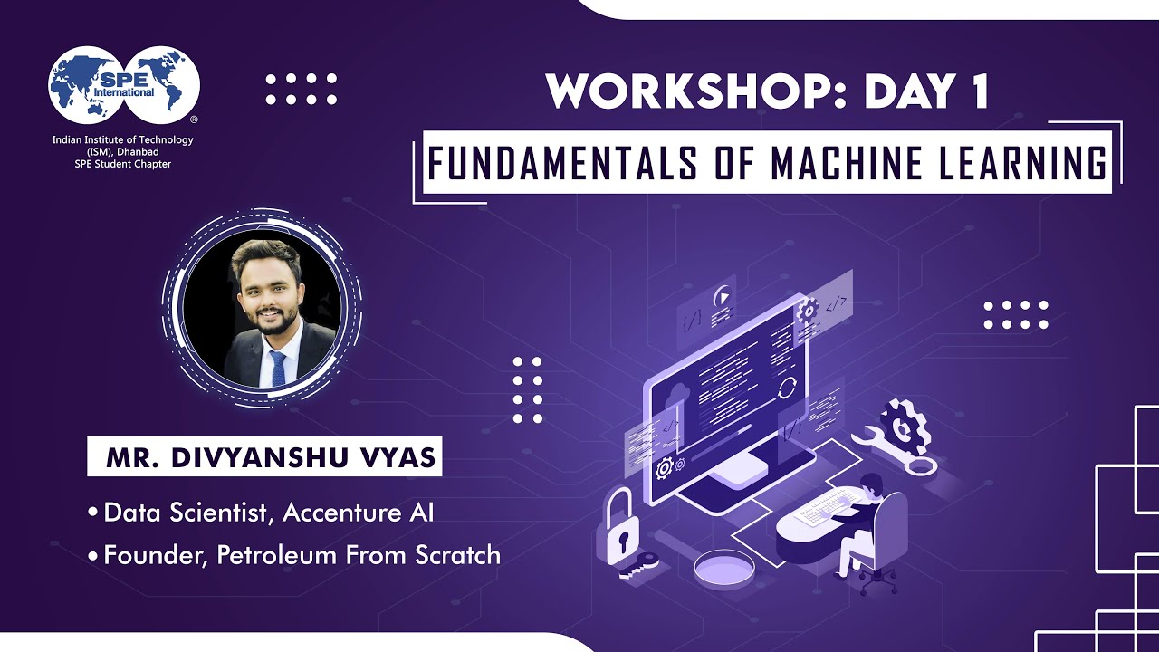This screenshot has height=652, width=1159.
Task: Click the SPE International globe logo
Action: (123, 87)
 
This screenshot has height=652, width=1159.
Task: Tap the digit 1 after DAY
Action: (974, 91)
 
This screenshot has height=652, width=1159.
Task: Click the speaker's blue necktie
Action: (277, 367)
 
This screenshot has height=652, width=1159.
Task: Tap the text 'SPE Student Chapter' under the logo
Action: (122, 164)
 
